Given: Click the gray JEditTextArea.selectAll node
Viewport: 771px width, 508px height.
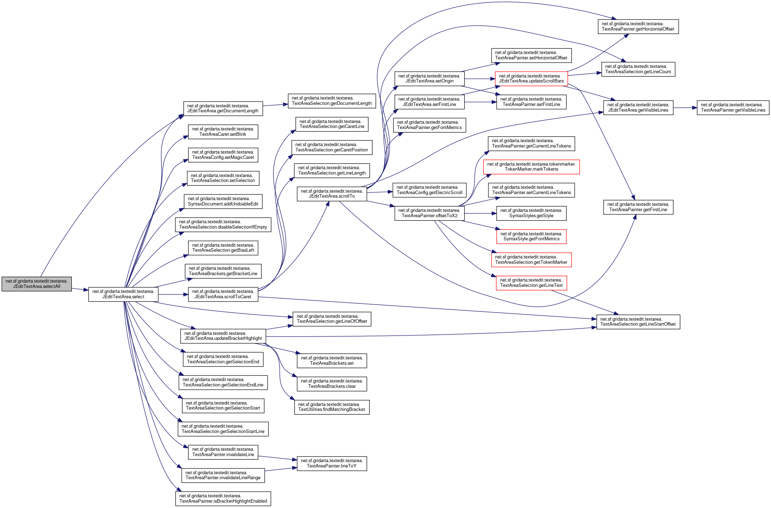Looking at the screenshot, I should pyautogui.click(x=37, y=284).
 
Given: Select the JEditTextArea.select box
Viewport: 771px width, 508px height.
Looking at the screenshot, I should pyautogui.click(x=123, y=294).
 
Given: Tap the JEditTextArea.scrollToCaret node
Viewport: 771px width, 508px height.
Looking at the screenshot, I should pyautogui.click(x=223, y=294).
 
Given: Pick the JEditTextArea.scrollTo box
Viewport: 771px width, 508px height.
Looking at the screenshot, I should pyautogui.click(x=332, y=194).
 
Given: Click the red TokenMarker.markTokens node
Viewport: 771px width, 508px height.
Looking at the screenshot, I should pyautogui.click(x=531, y=167).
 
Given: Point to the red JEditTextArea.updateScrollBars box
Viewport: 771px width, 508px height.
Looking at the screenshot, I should pyautogui.click(x=531, y=79).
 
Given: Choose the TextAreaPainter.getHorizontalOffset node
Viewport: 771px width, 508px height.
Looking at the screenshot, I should pyautogui.click(x=638, y=27).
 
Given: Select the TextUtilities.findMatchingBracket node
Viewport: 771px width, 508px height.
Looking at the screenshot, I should pyautogui.click(x=332, y=407).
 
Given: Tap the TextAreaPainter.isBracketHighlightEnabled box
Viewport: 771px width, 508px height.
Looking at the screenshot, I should pyautogui.click(x=223, y=498).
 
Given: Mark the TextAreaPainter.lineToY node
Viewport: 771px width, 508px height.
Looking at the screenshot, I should pyautogui.click(x=332, y=463).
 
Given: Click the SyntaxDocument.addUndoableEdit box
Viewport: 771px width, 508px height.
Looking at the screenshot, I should pyautogui.click(x=223, y=201).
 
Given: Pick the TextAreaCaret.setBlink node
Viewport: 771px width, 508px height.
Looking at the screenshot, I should pyautogui.click(x=223, y=132).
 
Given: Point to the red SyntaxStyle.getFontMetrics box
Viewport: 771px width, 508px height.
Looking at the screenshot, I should pyautogui.click(x=531, y=236).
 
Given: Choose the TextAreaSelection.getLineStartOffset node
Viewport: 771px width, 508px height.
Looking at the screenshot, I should pyautogui.click(x=638, y=322).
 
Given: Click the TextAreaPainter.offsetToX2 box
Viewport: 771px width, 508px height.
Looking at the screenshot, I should pyautogui.click(x=429, y=213).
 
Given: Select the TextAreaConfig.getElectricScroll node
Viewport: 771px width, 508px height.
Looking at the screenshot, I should pyautogui.click(x=429, y=190).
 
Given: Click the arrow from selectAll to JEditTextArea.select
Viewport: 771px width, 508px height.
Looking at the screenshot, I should pyautogui.click(x=80, y=289).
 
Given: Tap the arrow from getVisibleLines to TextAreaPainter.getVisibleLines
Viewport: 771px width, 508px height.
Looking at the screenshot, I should pyautogui.click(x=685, y=108).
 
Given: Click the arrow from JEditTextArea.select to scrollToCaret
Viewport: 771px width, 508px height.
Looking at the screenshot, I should pyautogui.click(x=173, y=294).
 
